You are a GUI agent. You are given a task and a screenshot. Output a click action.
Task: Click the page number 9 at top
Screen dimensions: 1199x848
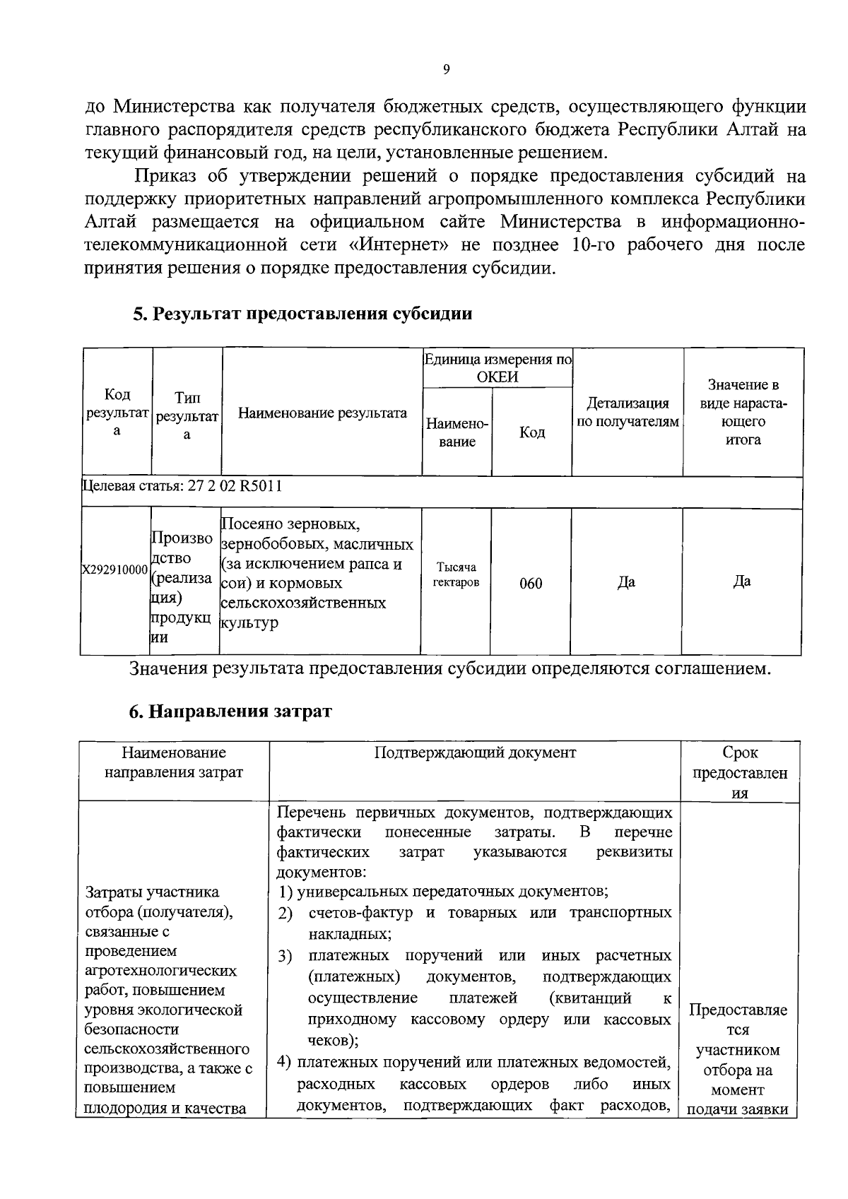[x=445, y=69]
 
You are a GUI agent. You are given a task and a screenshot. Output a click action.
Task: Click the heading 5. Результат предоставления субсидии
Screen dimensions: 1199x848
[x=302, y=314]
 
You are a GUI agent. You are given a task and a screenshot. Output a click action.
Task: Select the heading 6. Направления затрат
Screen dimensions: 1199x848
[x=230, y=711]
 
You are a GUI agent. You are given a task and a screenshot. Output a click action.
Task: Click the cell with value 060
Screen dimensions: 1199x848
[x=531, y=584]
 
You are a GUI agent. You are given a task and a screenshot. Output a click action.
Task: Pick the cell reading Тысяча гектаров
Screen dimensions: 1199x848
[x=456, y=575]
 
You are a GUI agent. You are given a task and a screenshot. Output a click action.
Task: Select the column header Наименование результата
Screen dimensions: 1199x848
[x=322, y=413]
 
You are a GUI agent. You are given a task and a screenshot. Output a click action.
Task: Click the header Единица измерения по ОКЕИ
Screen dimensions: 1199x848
[x=497, y=367]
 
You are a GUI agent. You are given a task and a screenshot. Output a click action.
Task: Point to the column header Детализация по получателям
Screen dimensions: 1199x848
[x=628, y=413]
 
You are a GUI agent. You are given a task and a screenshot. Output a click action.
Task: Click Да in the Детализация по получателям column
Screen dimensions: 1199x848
[x=626, y=582]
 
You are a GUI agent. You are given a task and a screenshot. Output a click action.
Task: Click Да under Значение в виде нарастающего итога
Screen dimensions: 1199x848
[x=742, y=581]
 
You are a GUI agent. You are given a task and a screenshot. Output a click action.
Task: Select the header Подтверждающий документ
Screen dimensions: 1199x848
[x=474, y=752]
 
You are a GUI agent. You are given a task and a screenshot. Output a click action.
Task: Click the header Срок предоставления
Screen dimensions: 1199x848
[x=739, y=773]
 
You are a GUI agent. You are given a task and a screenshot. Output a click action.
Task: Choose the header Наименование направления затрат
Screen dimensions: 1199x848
[x=173, y=762]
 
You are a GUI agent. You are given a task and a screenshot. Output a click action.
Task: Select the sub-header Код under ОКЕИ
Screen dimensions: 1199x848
[x=531, y=432]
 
